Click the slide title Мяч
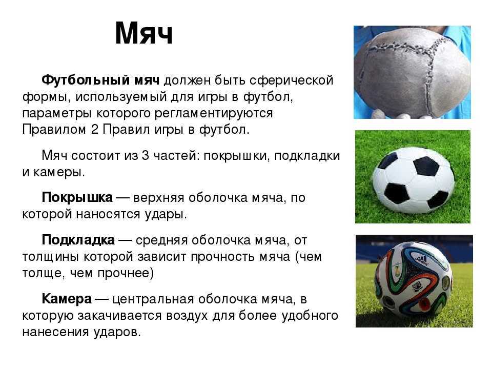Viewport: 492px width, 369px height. click(143, 34)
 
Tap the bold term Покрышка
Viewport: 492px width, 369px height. click(77, 197)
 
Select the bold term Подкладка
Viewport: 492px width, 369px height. click(78, 240)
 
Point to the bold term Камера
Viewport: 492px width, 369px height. click(67, 299)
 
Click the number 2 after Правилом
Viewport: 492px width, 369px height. click(95, 129)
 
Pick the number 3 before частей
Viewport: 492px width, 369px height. click(145, 155)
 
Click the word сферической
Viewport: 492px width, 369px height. click(291, 80)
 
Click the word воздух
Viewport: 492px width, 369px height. click(187, 316)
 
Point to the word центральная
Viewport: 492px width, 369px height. click(153, 299)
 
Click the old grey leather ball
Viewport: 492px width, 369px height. click(412, 73)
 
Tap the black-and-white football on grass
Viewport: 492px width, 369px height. click(413, 180)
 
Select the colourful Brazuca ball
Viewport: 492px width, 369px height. click(414, 279)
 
